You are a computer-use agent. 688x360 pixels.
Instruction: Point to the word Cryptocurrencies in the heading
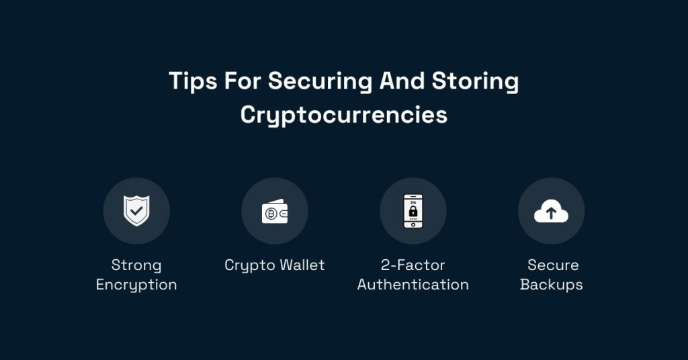coord(343,115)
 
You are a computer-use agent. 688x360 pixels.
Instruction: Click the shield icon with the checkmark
coord(136,212)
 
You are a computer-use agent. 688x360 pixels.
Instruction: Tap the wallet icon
coord(275,212)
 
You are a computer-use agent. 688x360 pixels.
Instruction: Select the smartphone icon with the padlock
coord(413,212)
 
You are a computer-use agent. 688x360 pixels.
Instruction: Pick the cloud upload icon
coord(551,213)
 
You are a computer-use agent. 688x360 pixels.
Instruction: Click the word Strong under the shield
coord(136,265)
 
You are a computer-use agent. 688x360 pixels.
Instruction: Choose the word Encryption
coord(136,285)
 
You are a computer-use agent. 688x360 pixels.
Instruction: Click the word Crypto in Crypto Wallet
coord(247,265)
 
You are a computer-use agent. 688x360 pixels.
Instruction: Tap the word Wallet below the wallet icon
coord(300,265)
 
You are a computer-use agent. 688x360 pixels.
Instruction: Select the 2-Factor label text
coord(413,265)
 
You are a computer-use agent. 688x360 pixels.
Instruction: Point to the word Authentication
coord(413,285)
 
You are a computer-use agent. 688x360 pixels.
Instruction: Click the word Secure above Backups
coord(553,265)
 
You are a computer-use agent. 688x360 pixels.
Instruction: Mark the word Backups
coord(552,285)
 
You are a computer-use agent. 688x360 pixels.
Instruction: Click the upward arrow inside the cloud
coord(551,214)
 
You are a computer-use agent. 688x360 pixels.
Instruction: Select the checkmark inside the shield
coord(136,211)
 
